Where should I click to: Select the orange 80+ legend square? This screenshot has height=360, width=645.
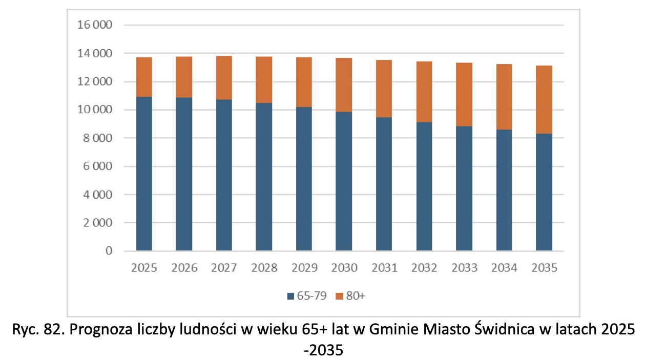coord(339,297)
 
